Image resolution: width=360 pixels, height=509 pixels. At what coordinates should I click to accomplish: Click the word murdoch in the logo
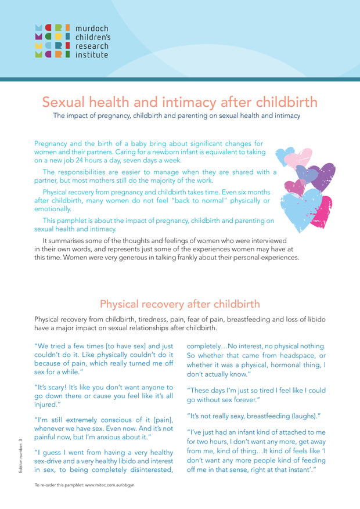pos(92,28)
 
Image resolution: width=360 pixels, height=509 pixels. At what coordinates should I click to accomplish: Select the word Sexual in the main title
pos(66,102)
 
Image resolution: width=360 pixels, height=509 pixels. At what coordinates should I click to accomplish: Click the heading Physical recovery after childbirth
pos(180,304)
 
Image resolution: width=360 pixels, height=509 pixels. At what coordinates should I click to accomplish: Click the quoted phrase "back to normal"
pos(200,200)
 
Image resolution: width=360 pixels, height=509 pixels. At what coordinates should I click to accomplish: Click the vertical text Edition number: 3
pos(20,456)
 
